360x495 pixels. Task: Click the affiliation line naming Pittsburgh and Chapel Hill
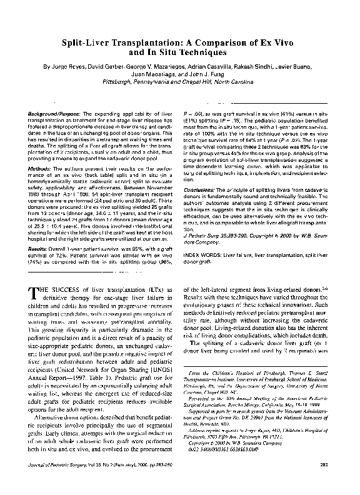[180, 81]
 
